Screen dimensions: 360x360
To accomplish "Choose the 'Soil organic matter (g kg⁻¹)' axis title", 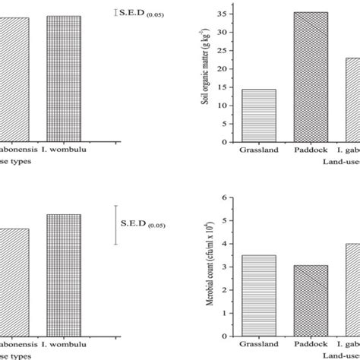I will [x=207, y=76].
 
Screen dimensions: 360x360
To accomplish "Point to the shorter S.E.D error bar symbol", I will [x=116, y=11].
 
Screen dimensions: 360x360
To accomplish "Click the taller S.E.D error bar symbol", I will [x=116, y=224].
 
